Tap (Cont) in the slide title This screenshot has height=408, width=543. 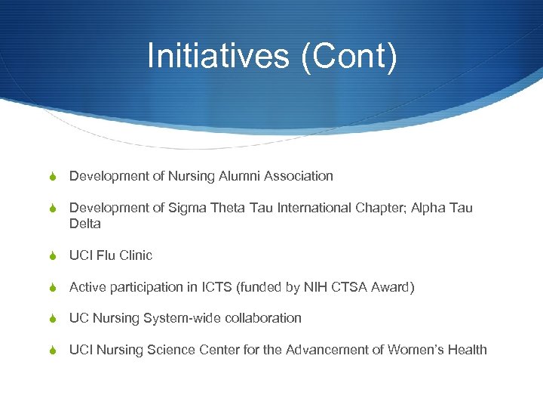click(x=348, y=56)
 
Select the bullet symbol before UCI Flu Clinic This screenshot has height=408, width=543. click(x=54, y=256)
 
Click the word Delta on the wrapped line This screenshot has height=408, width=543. click(x=85, y=224)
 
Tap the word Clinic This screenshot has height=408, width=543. click(x=137, y=255)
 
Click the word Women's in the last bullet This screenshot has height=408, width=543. click(x=419, y=350)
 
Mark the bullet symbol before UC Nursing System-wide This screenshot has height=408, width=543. click(x=54, y=319)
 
